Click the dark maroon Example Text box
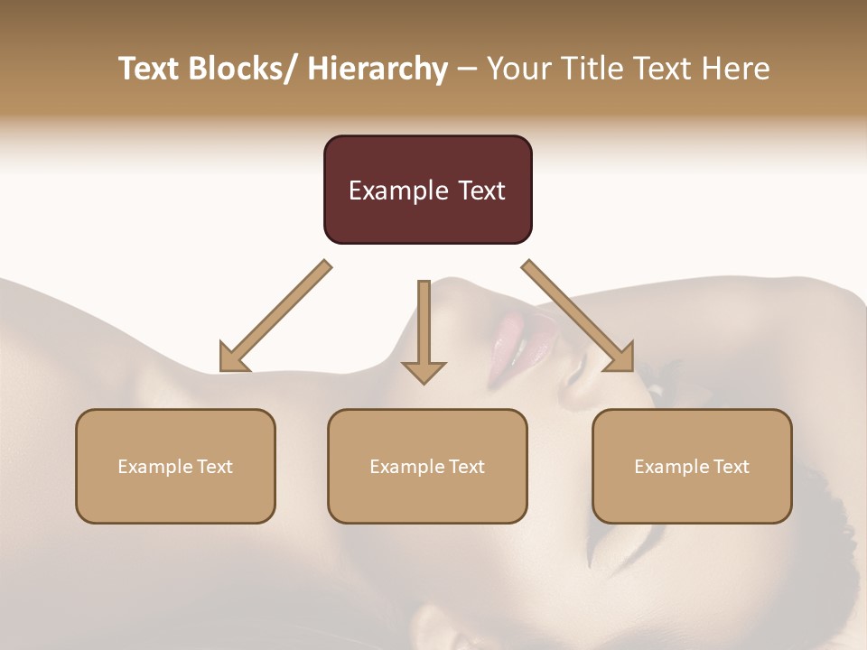click(427, 190)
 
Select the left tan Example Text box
click(175, 466)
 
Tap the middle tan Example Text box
click(427, 466)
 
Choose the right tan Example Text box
click(692, 466)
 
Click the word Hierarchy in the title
click(378, 69)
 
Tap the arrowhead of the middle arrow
click(424, 371)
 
